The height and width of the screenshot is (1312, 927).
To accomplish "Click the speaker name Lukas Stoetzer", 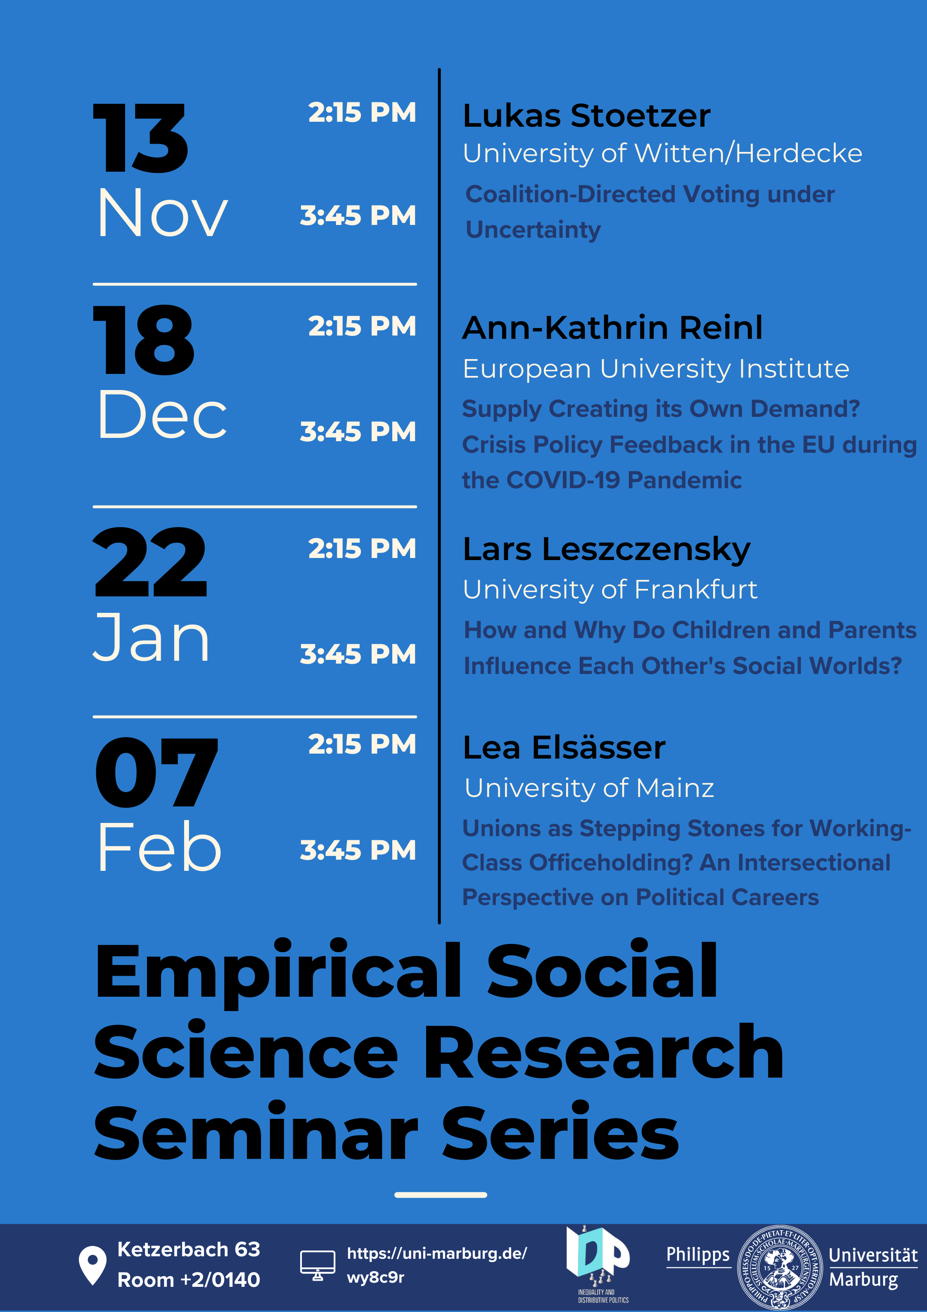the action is [587, 116].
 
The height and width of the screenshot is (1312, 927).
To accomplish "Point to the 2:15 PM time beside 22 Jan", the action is [362, 548].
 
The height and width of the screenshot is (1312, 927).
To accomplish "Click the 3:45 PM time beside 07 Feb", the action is [358, 850].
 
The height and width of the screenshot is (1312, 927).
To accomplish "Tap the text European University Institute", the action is [656, 369].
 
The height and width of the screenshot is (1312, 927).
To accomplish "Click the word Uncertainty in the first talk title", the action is [533, 230].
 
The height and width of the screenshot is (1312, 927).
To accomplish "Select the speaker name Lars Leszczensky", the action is [606, 550].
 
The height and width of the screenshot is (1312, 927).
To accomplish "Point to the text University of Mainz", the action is [589, 788].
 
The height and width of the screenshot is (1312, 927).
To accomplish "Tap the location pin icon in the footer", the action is [92, 1265].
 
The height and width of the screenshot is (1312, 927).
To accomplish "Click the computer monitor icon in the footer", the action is [318, 1265].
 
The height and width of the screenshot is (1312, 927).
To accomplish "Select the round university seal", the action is [780, 1267].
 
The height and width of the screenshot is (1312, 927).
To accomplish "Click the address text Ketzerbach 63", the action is [189, 1249].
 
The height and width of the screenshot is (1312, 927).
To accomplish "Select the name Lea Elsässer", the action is [564, 747].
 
